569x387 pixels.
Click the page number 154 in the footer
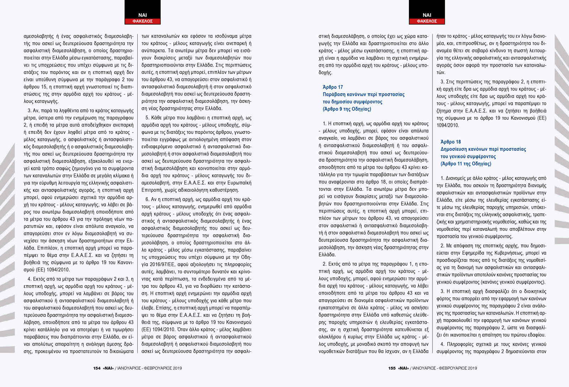point(97,368)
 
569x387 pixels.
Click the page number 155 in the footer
point(392,368)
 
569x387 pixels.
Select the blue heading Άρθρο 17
point(333,87)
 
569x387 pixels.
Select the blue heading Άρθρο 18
point(451,142)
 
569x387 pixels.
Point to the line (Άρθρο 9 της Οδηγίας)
point(347,109)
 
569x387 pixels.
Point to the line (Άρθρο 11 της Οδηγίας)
point(466,164)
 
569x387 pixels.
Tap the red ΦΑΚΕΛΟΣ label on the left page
point(142,21)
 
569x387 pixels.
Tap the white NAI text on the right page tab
point(427,15)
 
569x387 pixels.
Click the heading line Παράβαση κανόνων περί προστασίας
point(363,94)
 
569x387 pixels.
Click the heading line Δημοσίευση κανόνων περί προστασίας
point(483,149)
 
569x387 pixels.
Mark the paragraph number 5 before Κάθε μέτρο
point(147,118)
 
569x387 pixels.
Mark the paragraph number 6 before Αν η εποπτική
point(147,199)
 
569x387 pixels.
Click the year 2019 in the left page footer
point(177,368)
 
